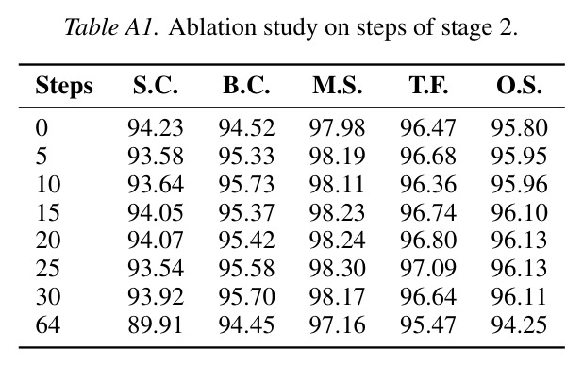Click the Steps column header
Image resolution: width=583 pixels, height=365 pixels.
click(64, 87)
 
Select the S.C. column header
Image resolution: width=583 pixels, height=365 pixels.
click(156, 86)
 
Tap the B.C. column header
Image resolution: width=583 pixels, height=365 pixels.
click(246, 86)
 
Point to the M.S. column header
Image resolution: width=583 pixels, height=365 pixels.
click(337, 86)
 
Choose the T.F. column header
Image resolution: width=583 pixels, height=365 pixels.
click(428, 86)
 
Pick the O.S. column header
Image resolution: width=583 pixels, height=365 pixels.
click(520, 86)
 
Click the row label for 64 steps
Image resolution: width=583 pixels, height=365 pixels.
click(48, 324)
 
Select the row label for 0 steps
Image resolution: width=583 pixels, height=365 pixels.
click(42, 128)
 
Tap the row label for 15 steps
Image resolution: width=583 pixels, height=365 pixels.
click(48, 212)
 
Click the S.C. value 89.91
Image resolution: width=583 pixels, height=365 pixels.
click(156, 324)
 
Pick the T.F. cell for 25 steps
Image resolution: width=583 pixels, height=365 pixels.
click(428, 268)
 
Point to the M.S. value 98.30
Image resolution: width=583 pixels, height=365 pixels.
click(337, 268)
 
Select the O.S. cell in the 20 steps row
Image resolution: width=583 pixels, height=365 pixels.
click(520, 240)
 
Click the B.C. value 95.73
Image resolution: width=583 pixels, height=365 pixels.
click(246, 184)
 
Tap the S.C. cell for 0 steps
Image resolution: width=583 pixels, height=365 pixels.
click(156, 128)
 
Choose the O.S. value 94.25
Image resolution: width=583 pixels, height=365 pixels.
click(520, 324)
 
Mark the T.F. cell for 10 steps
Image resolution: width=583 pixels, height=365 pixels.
click(428, 184)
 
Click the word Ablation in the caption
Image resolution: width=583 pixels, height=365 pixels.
click(212, 27)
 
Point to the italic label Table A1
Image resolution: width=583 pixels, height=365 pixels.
click(111, 27)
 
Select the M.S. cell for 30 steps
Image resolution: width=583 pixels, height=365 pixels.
click(337, 296)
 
